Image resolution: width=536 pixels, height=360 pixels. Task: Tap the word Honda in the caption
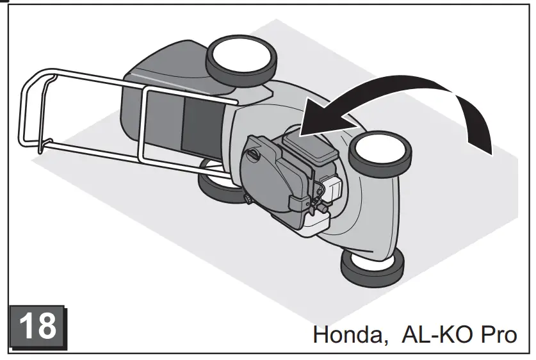[x=348, y=334]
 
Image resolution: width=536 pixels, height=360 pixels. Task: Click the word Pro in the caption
[x=496, y=334]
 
